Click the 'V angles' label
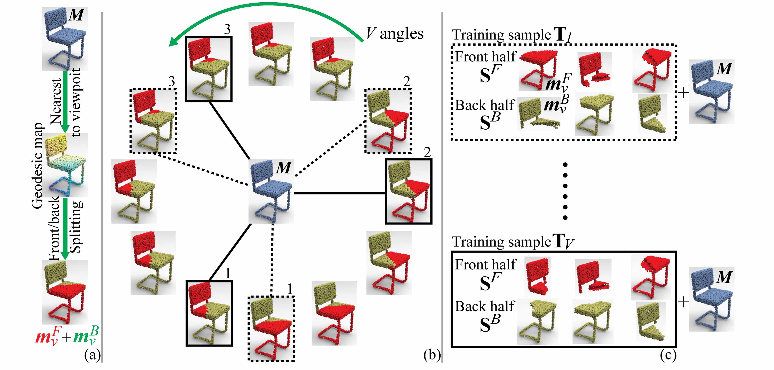[394, 34]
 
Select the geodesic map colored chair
[65, 165]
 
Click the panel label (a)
[92, 355]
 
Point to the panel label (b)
[432, 355]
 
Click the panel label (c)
[668, 355]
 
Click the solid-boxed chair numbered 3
[209, 69]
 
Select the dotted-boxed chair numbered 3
[153, 121]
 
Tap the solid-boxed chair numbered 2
[409, 192]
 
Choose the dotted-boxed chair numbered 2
[388, 121]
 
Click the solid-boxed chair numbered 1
[209, 313]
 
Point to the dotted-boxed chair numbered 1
[271, 328]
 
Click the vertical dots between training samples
[565, 191]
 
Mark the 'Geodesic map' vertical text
[37, 165]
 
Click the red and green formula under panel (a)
[67, 336]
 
